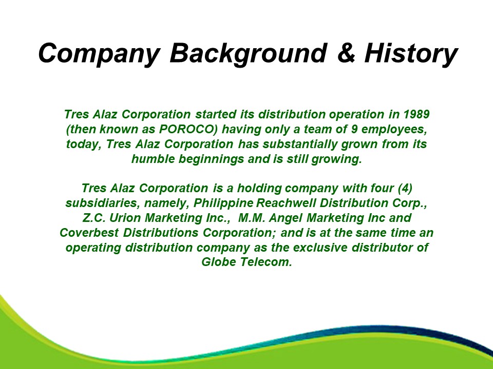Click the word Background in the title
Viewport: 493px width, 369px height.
(249, 54)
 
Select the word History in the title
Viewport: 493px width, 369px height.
(411, 54)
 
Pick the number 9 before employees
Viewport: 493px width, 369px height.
(354, 129)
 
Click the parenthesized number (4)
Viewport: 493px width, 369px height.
(405, 188)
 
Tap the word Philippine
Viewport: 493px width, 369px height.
(223, 203)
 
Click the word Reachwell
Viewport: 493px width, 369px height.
(286, 203)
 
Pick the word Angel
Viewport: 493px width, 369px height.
(286, 218)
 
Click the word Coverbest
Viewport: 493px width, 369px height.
(89, 233)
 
